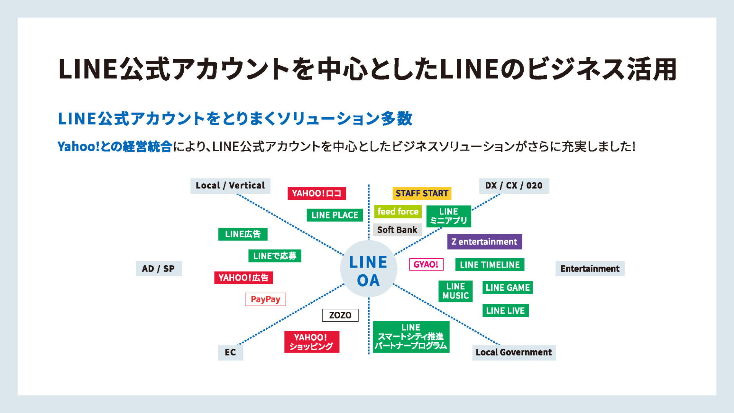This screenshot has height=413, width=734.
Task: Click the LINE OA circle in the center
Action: (x=369, y=269)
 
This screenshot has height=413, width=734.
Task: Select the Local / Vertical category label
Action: (x=230, y=186)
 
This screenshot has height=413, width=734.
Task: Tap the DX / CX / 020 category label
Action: (x=514, y=186)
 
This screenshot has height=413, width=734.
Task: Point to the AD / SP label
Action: (x=159, y=269)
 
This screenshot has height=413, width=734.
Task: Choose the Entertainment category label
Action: (x=590, y=269)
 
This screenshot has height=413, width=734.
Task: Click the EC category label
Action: (x=230, y=352)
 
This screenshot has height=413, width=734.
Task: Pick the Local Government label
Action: (x=514, y=352)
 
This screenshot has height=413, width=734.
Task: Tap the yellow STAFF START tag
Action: (x=422, y=193)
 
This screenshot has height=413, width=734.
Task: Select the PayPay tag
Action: (x=265, y=299)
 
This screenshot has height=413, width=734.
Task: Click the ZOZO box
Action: (x=340, y=315)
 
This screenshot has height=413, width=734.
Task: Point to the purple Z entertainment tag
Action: (x=484, y=242)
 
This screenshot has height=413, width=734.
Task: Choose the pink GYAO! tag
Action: (x=426, y=264)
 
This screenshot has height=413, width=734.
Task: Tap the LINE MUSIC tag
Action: (x=455, y=291)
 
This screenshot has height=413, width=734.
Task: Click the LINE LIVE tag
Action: (x=505, y=311)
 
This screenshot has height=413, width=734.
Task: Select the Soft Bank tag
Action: (x=397, y=230)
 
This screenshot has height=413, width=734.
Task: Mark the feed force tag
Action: (x=398, y=211)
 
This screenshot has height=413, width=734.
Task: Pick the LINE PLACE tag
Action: (x=335, y=215)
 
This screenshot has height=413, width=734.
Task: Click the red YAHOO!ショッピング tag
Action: (x=312, y=342)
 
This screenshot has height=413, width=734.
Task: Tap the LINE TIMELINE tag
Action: (x=490, y=264)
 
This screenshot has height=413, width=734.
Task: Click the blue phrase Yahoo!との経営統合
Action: (x=115, y=146)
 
